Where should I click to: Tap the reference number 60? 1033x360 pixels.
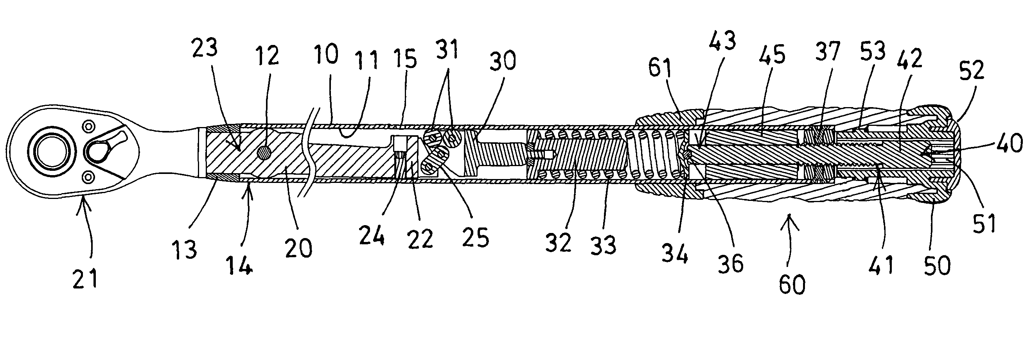click(792, 285)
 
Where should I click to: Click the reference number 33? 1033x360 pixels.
click(604, 245)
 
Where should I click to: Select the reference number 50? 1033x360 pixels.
click(937, 265)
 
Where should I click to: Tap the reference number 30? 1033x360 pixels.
click(503, 61)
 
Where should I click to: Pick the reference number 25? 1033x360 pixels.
click(476, 237)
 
